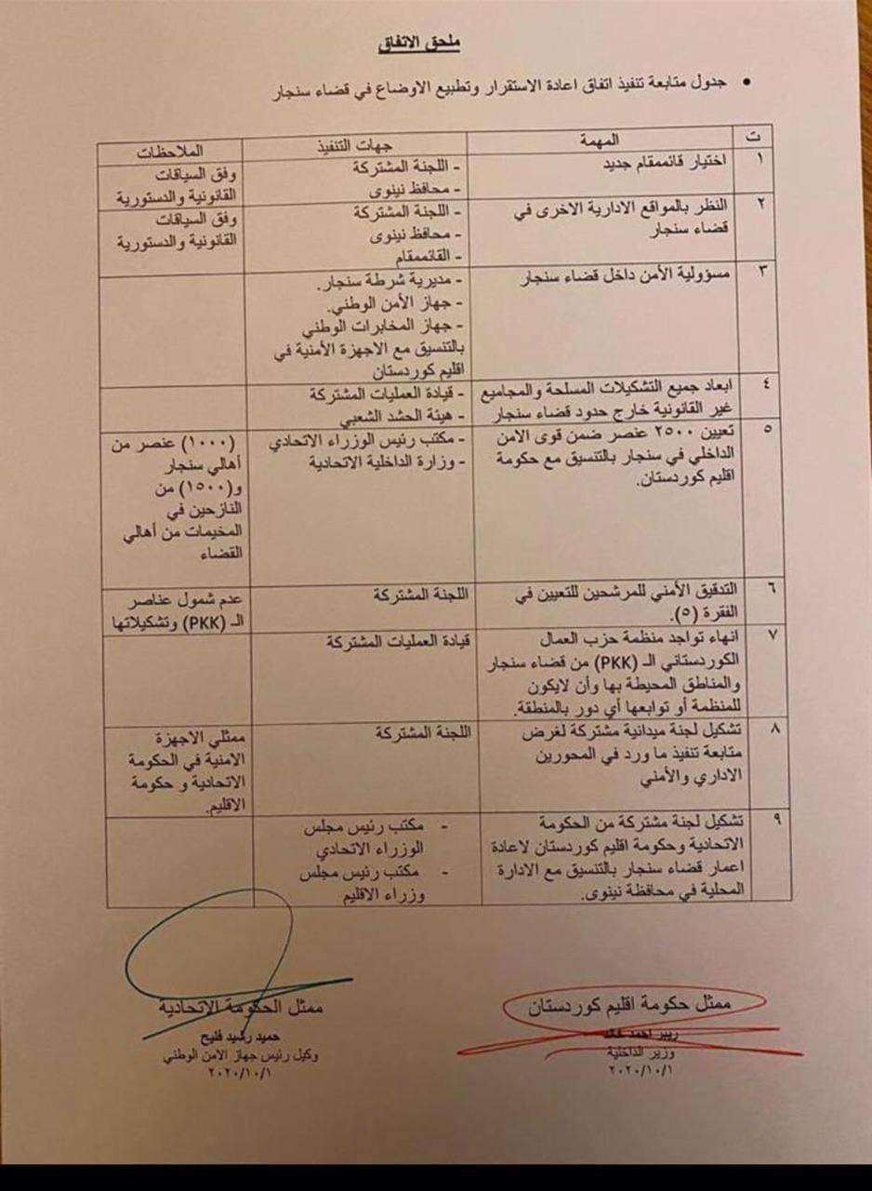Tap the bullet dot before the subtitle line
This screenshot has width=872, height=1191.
pos(745,84)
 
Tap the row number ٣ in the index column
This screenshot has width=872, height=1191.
pos(755,271)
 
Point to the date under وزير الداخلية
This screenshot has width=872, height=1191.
pos(640,1070)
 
